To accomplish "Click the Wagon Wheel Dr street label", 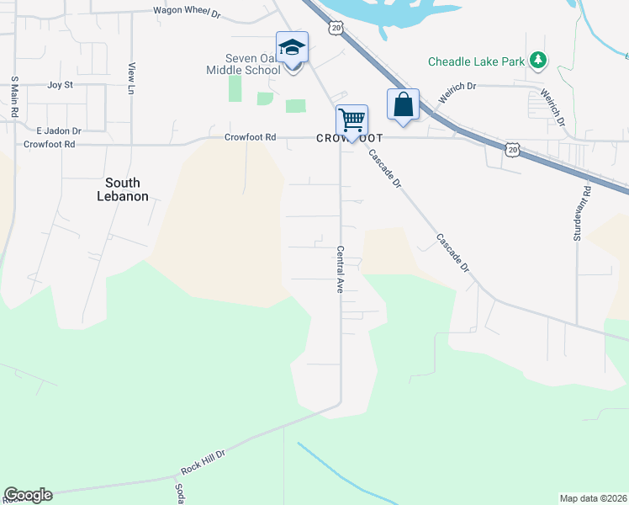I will coord(186,12).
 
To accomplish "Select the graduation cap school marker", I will coord(292,47).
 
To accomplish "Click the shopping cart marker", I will coord(351,120).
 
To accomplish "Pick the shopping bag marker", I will coord(403,105).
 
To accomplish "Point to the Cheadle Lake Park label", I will coord(476,61).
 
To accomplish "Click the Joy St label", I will coord(61,85).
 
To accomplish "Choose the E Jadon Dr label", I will coord(59,131).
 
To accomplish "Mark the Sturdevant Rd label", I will coord(578,214).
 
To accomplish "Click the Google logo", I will coord(28,495).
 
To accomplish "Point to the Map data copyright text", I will coord(592,498).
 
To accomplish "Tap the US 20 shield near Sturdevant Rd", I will coord(512,148).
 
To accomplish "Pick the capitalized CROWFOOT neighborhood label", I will coord(350,137).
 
